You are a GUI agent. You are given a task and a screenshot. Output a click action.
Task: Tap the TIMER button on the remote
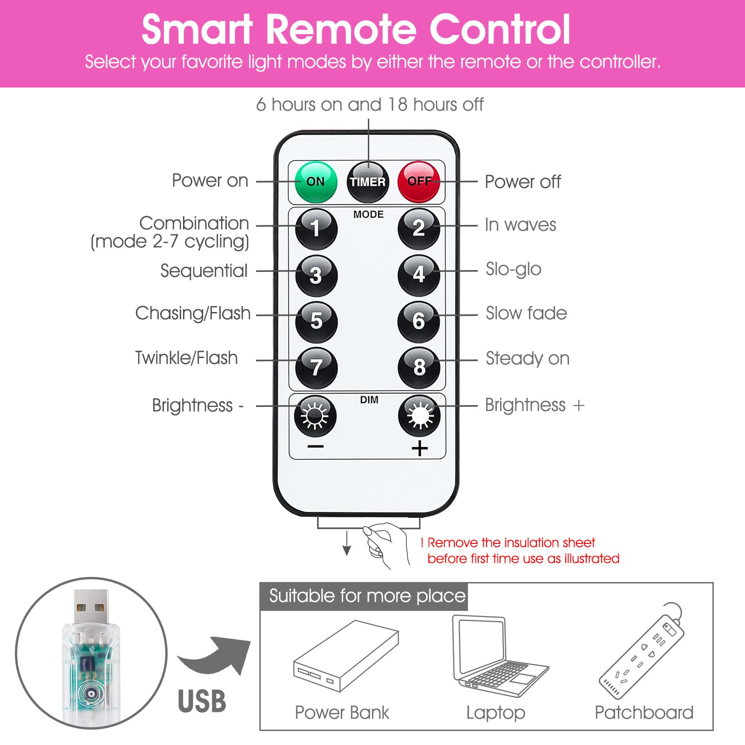[x=368, y=182]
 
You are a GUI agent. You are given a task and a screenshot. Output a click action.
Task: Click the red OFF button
[x=419, y=182]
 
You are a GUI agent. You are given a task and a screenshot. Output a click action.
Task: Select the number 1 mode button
[x=316, y=229]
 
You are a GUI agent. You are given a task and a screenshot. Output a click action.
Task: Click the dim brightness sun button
[x=315, y=414]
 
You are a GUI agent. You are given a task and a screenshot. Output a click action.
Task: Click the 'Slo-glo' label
[x=513, y=270]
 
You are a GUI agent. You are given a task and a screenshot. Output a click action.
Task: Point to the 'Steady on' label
[x=528, y=359]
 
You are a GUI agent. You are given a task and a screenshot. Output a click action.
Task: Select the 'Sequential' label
[x=204, y=271]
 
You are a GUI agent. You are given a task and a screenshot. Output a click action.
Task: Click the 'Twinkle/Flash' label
[x=186, y=358]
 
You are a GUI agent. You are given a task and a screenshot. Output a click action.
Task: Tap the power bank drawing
[x=346, y=656]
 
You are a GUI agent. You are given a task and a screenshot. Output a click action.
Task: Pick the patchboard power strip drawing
[x=642, y=651]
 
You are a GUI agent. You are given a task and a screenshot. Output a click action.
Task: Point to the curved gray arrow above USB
[x=215, y=655]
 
